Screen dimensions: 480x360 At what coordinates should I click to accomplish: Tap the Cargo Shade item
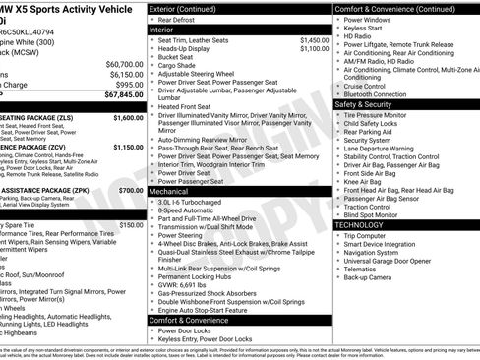click(179, 65)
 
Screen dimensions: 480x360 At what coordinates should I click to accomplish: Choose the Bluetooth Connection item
click(385, 94)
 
